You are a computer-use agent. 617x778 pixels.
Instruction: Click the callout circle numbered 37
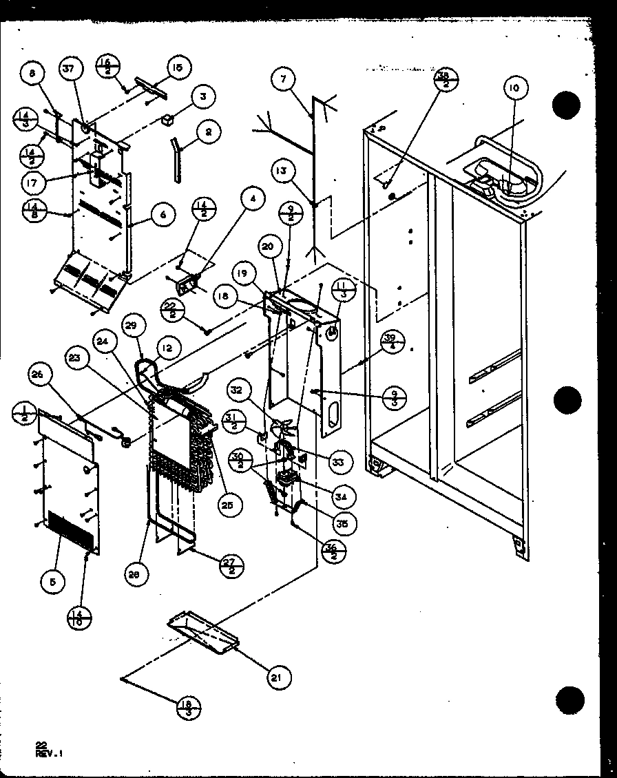pyautogui.click(x=70, y=70)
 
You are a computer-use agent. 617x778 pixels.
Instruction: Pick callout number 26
pyautogui.click(x=39, y=375)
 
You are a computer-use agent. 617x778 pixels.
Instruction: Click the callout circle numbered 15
pyautogui.click(x=176, y=68)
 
